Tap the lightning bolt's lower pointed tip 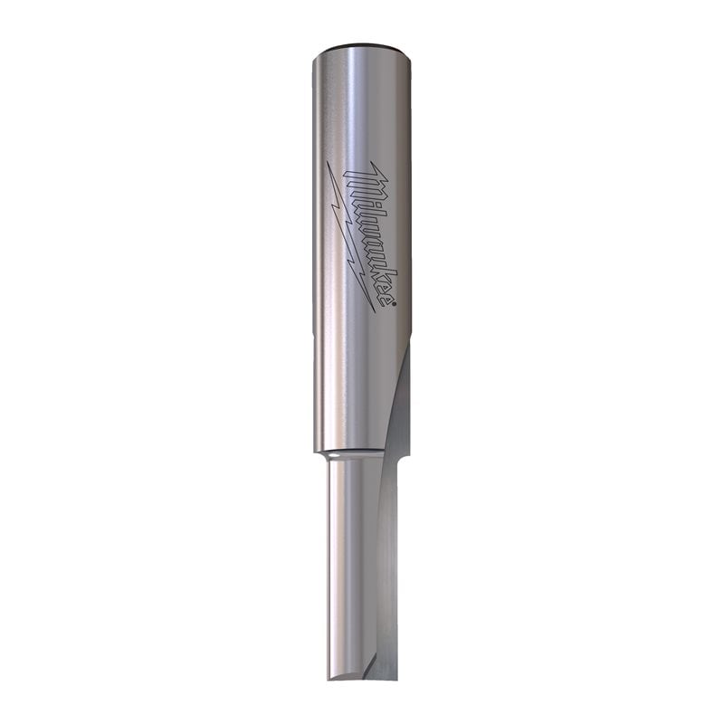374,311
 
